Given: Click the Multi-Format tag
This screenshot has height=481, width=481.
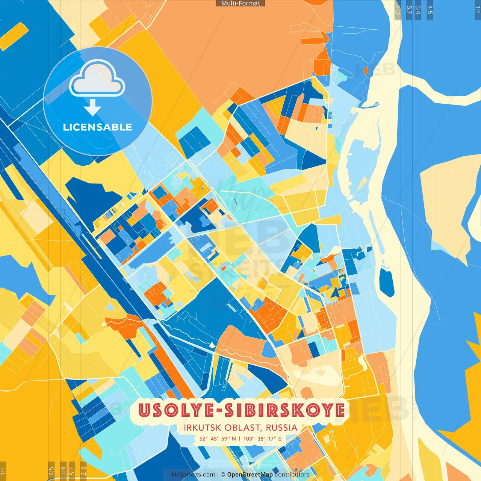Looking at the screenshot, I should click(240, 3).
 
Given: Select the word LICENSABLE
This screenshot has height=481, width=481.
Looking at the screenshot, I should click(98, 127).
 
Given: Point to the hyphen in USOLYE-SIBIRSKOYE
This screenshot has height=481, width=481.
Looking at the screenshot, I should click(219, 411).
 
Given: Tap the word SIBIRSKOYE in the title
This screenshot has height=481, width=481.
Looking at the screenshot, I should click(284, 410).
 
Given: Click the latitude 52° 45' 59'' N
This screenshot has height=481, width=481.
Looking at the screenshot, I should click(218, 439).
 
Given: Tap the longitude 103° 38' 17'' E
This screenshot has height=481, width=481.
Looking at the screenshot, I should click(262, 439).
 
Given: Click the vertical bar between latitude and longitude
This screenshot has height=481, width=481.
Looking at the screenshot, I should click(240, 439).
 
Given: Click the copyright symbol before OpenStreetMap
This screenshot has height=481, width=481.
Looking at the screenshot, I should click(223, 475).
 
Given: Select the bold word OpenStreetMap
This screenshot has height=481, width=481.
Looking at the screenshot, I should click(250, 475).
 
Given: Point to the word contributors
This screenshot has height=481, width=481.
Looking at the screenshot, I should click(292, 475).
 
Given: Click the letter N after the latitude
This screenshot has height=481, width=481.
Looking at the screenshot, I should click(234, 439).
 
